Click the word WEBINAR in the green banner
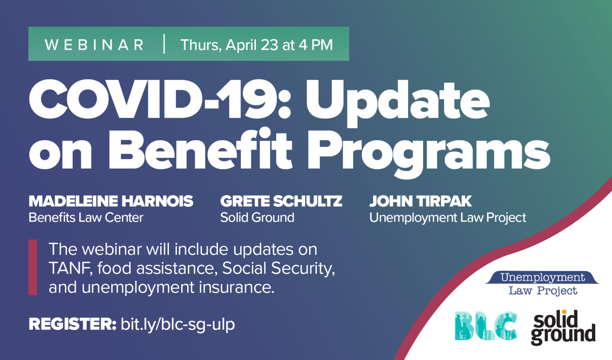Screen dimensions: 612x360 (x=94, y=45)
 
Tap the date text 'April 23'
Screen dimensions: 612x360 (x=252, y=45)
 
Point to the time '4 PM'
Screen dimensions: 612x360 (x=316, y=45)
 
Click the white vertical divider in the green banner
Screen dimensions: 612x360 (x=164, y=44)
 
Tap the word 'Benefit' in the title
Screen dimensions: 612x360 (x=200, y=149)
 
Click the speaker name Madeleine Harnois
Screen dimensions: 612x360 (x=111, y=201)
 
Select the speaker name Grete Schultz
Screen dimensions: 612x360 (x=281, y=201)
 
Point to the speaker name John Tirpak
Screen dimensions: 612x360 (x=420, y=201)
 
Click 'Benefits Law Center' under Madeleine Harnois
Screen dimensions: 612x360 (x=86, y=218)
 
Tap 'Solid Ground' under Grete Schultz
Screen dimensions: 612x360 (x=257, y=218)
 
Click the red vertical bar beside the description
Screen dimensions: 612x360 (x=33, y=267)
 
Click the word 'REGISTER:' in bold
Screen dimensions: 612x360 (x=73, y=324)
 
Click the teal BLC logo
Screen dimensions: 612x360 (x=486, y=326)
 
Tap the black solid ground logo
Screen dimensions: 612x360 (x=563, y=328)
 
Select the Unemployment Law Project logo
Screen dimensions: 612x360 (x=542, y=284)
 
